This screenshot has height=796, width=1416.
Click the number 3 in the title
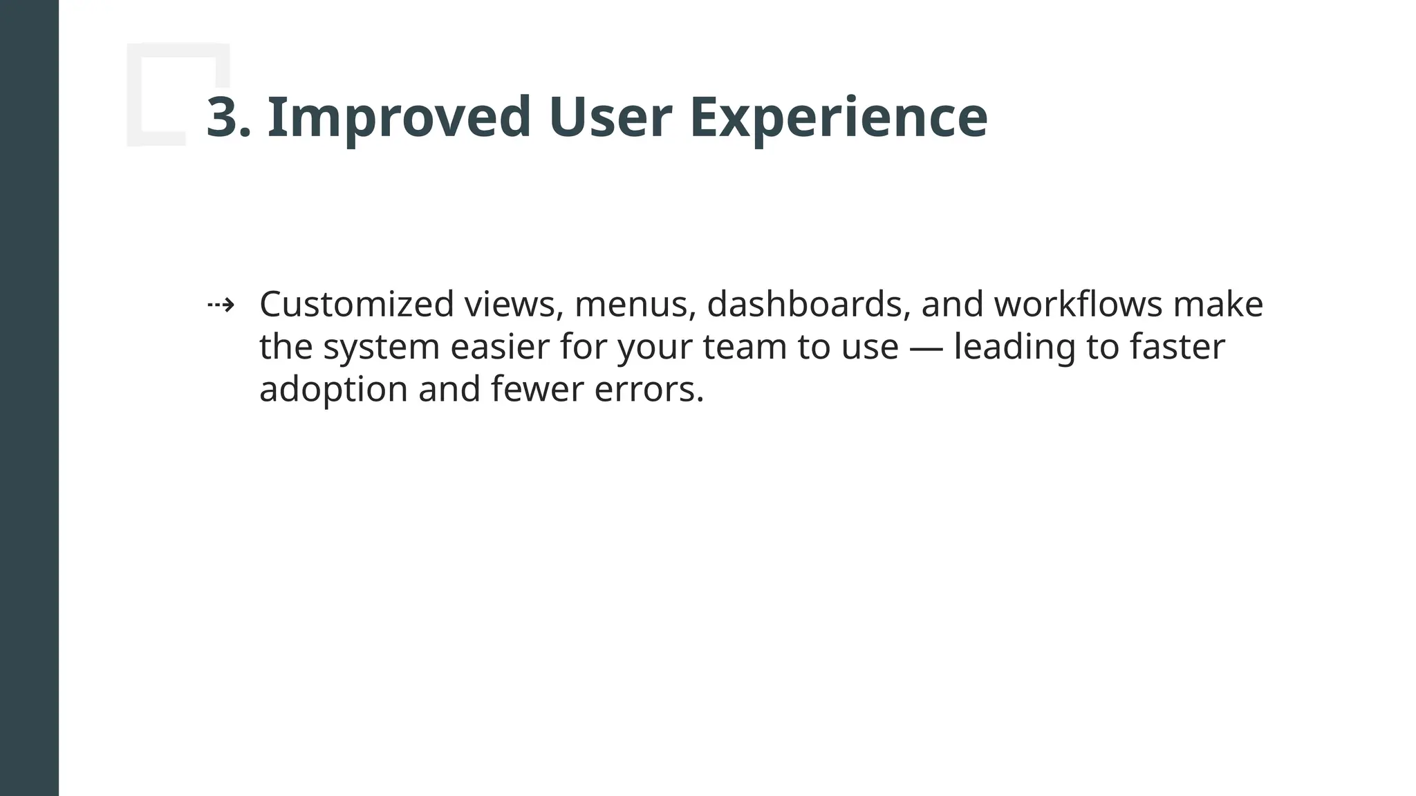tap(223, 118)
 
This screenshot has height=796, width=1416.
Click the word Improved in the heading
tap(398, 118)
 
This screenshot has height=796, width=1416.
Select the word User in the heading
tap(610, 118)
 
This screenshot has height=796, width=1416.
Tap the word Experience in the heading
tap(838, 118)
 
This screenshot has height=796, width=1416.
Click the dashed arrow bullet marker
tap(221, 305)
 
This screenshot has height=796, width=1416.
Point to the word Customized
tap(356, 305)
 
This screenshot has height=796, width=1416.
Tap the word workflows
tap(1078, 305)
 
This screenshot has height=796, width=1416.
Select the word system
tap(381, 347)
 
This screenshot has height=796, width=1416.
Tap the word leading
tap(1014, 347)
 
